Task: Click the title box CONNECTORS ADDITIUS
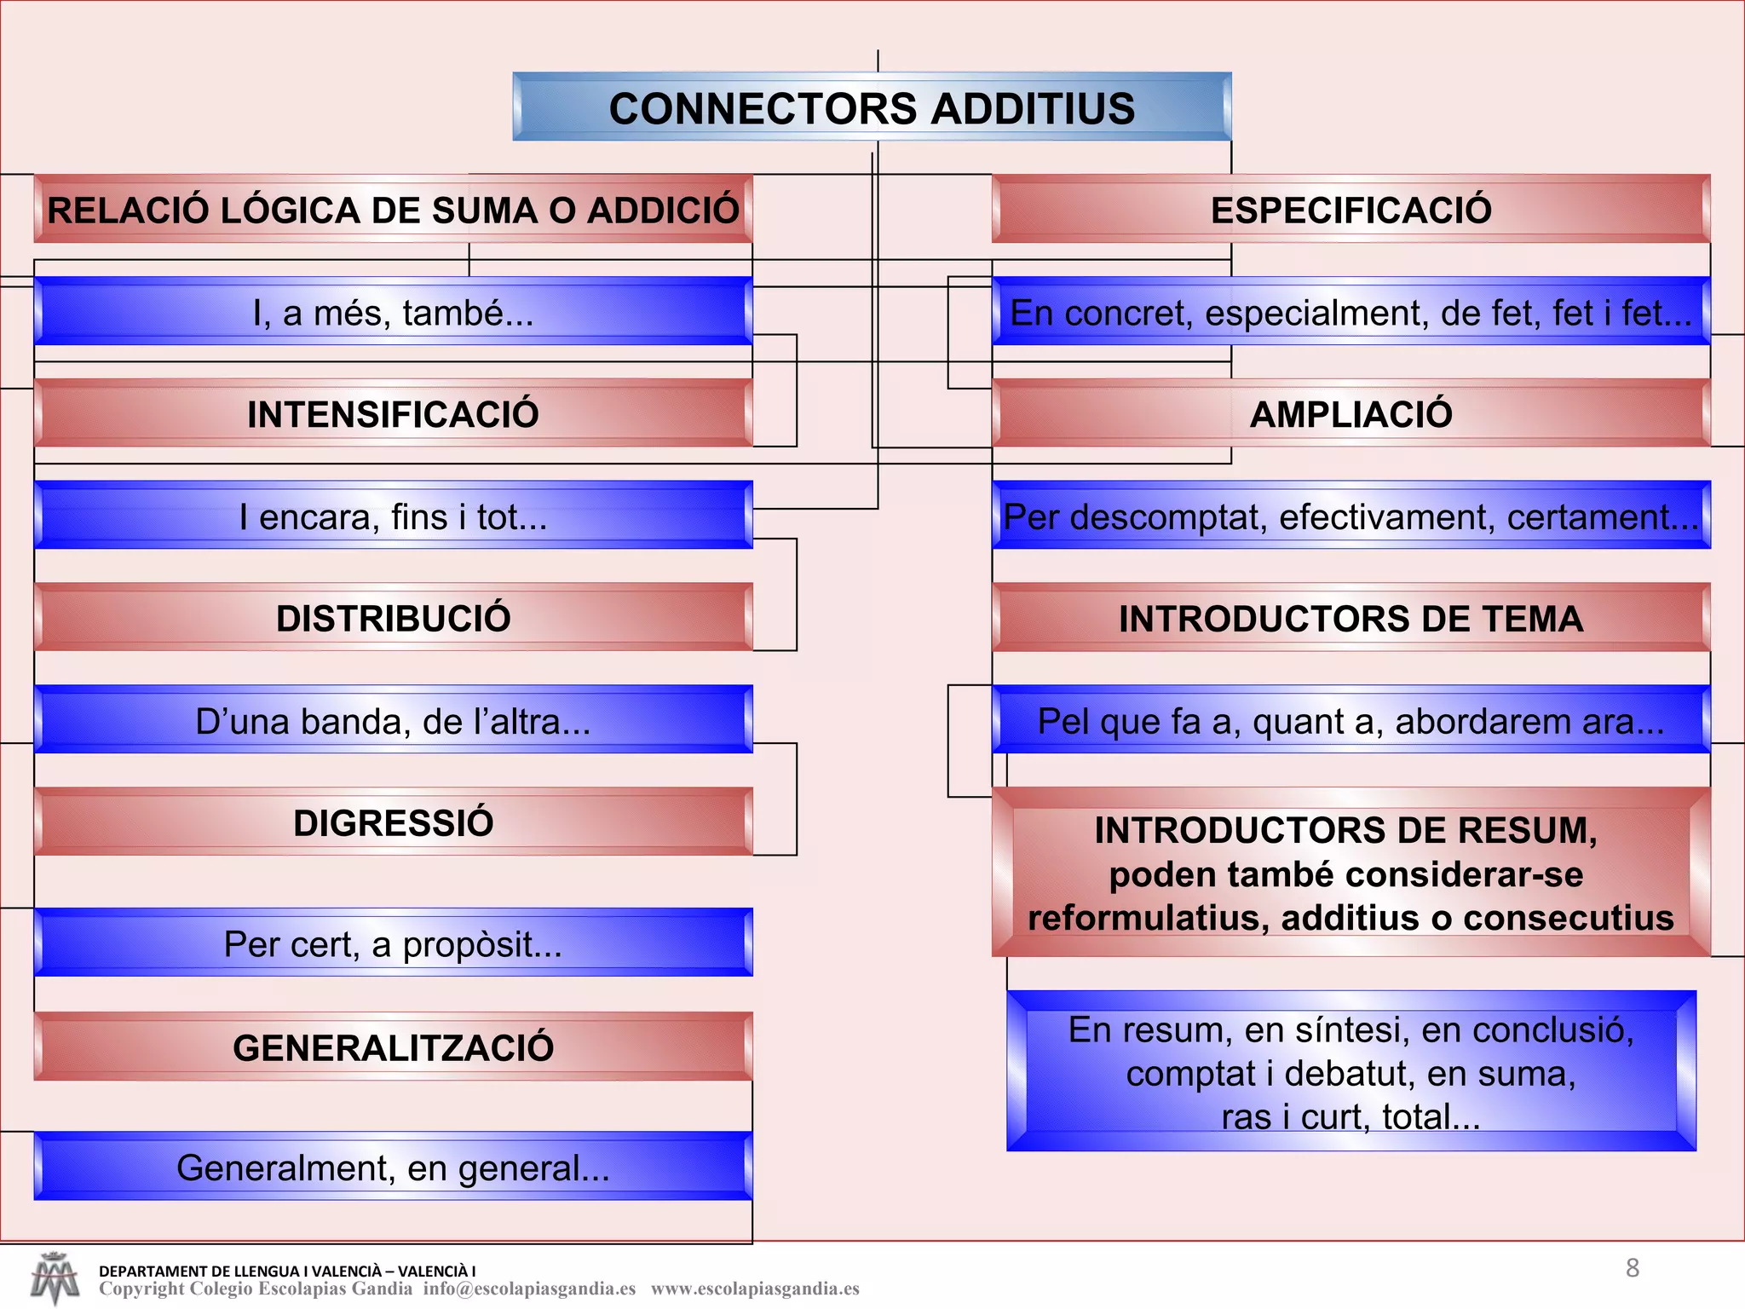click(872, 107)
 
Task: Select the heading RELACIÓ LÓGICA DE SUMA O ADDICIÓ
click(393, 210)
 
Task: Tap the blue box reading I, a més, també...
click(393, 312)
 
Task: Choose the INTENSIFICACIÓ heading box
click(393, 414)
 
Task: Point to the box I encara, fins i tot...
click(393, 516)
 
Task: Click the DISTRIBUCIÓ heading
click(393, 618)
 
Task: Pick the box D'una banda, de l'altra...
click(393, 721)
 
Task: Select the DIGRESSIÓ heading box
click(393, 822)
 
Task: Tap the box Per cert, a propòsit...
click(393, 943)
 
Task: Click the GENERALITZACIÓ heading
click(393, 1047)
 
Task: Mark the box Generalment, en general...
click(393, 1168)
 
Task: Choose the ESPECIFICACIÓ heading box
click(1351, 210)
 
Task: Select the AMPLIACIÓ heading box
click(1351, 414)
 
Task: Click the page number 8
click(1632, 1268)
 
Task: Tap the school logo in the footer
click(55, 1277)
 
